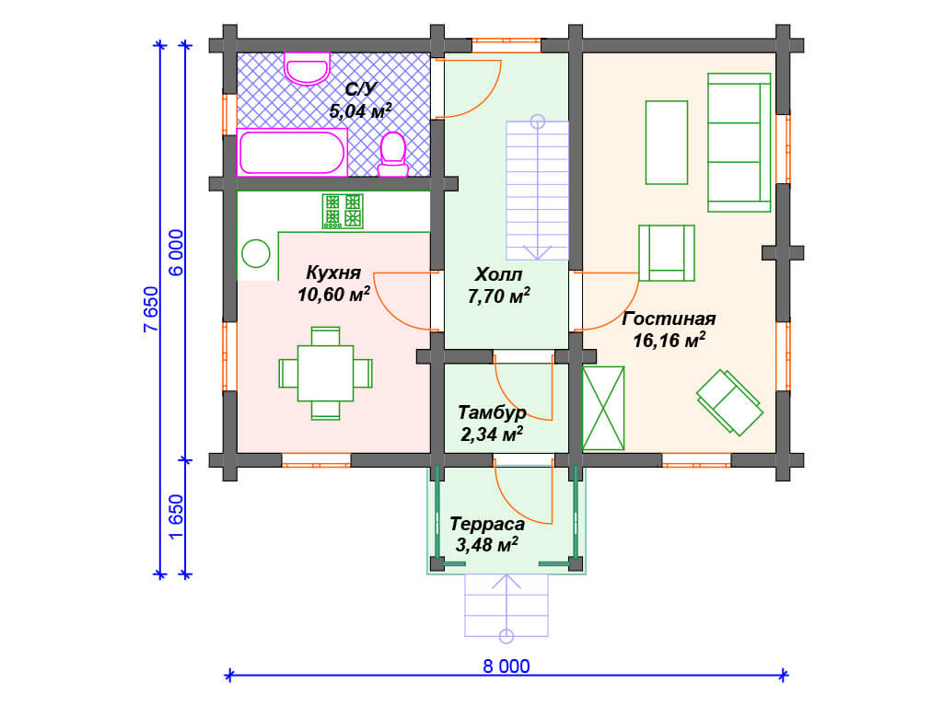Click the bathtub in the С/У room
coord(292,152)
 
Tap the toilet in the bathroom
coord(392,154)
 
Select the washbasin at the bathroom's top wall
coord(307,68)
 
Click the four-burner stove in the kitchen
coord(343,211)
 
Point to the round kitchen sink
coord(256,253)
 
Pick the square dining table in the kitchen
coord(325,374)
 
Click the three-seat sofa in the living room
coord(739,143)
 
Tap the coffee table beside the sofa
coord(667,143)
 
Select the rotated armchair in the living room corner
coord(729,401)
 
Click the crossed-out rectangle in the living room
coord(603,408)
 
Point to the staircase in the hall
coord(537,189)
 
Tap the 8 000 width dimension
coord(506,666)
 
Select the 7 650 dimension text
coord(151,309)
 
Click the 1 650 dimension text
coord(176,517)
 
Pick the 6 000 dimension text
coord(176,252)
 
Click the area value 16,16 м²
coord(669,341)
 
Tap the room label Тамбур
coord(492,412)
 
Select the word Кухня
coord(333,272)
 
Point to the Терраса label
coord(487,524)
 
